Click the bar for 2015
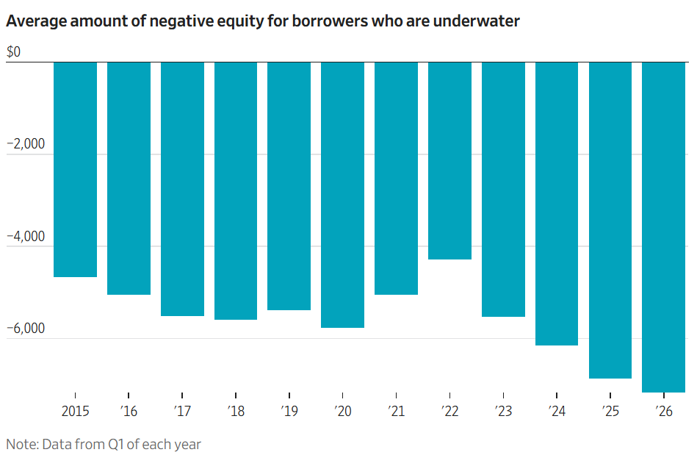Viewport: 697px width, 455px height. (x=76, y=169)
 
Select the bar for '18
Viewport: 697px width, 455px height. (x=236, y=190)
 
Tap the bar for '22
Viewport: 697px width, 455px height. (x=449, y=160)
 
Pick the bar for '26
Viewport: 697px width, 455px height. (x=663, y=226)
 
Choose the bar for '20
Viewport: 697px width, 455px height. (x=343, y=194)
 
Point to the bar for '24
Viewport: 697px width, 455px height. (x=557, y=203)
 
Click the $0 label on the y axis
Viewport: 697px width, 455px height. (x=14, y=52)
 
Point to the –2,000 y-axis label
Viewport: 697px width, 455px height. (x=26, y=145)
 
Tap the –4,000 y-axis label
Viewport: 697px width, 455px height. (x=26, y=237)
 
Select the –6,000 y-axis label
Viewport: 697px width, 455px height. (x=26, y=329)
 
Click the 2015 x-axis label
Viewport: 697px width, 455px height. (x=76, y=412)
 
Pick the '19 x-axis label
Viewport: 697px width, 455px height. (x=289, y=412)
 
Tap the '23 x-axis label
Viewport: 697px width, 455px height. (x=503, y=412)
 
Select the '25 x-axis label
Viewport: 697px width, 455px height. (x=610, y=412)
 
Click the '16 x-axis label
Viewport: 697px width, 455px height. (x=129, y=412)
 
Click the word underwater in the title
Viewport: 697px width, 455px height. (x=477, y=21)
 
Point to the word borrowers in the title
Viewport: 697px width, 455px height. (x=331, y=21)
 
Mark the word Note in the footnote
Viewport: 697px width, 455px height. (x=20, y=444)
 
